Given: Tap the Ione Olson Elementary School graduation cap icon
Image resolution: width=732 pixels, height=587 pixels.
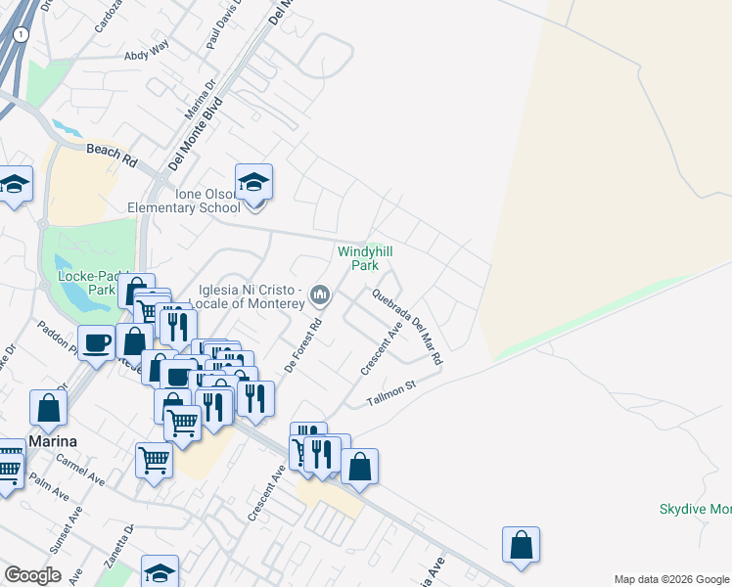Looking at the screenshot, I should point(253,182).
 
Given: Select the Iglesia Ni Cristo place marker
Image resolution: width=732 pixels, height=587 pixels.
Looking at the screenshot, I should point(320,294).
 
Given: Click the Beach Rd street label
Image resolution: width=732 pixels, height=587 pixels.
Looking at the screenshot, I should point(112,153).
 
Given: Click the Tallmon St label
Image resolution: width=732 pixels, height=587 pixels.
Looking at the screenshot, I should point(391,393).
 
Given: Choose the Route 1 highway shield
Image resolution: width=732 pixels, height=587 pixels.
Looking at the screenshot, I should point(22,34).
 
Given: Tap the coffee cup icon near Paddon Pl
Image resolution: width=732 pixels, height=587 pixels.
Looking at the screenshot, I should point(97,343).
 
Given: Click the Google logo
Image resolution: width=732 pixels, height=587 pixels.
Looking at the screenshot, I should point(32,575).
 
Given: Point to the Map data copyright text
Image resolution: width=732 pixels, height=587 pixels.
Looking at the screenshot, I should point(670,579).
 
